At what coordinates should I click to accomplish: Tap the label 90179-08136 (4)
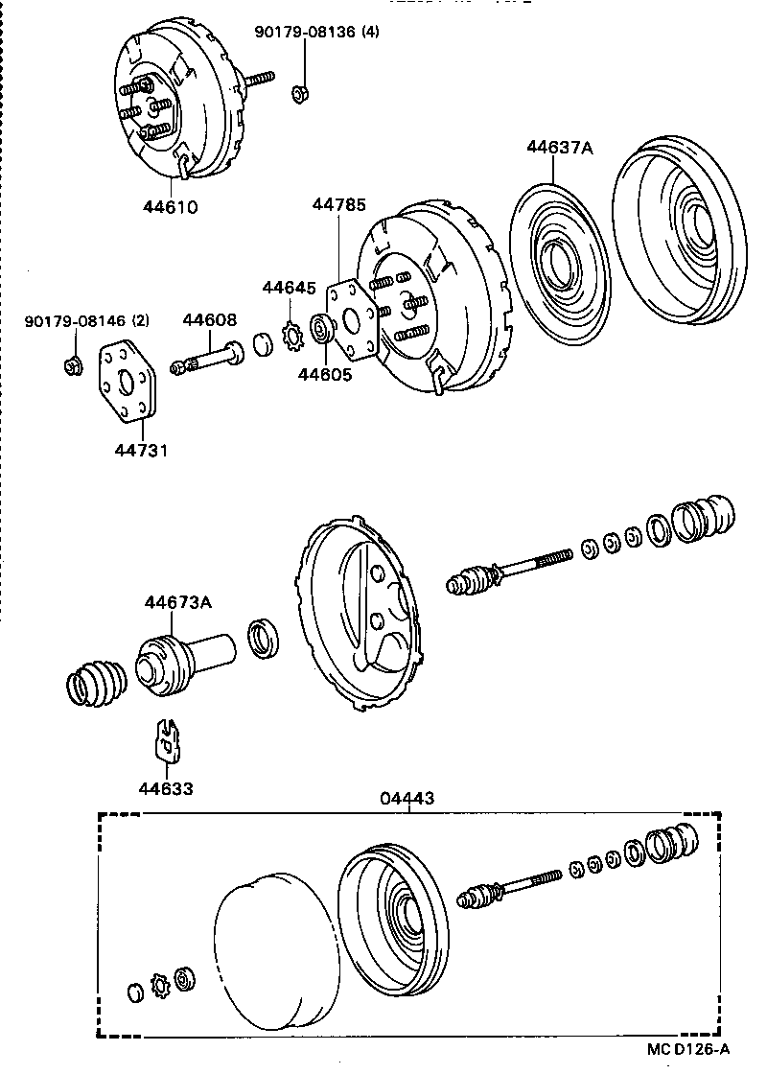point(316,33)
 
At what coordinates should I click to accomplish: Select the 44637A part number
point(560,148)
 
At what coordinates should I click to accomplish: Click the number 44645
point(289,287)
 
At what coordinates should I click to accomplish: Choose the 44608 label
point(210,320)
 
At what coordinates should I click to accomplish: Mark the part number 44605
point(324,374)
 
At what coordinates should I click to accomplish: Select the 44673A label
point(178,602)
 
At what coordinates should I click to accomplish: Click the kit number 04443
point(409,798)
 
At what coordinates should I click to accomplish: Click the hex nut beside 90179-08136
point(298,92)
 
